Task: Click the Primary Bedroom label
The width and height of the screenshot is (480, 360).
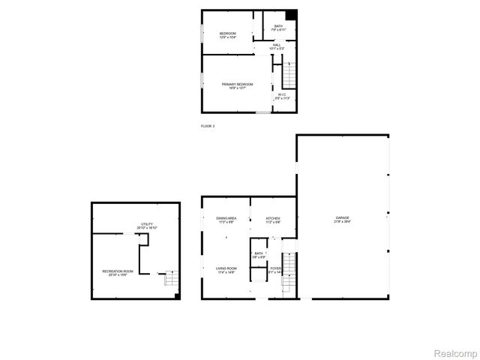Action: pyautogui.click(x=237, y=86)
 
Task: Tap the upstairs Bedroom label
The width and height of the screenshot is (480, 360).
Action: pyautogui.click(x=227, y=35)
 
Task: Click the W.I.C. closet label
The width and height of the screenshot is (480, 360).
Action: pyautogui.click(x=281, y=96)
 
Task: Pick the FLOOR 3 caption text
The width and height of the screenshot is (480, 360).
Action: pyautogui.click(x=208, y=126)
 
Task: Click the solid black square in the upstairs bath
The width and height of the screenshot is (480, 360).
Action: pyautogui.click(x=292, y=15)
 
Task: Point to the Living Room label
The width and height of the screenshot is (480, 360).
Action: pyautogui.click(x=226, y=270)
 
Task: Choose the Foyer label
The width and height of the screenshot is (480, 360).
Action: pyautogui.click(x=276, y=270)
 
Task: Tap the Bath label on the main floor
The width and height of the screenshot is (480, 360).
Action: pyautogui.click(x=259, y=256)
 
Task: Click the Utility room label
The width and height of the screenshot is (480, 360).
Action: pyautogui.click(x=147, y=226)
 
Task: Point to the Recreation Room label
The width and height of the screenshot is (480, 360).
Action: pyautogui.click(x=118, y=272)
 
